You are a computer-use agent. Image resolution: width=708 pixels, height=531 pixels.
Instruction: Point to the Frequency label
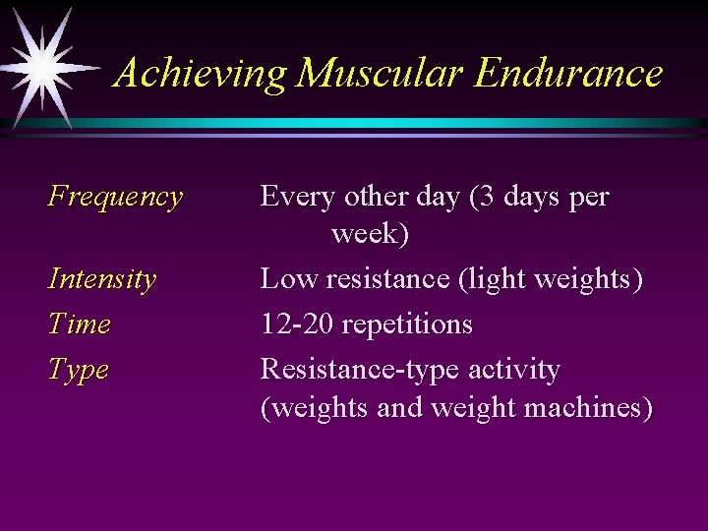tap(115, 197)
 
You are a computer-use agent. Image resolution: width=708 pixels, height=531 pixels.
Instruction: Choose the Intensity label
tap(102, 279)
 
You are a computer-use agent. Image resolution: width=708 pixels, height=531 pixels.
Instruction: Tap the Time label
tap(80, 324)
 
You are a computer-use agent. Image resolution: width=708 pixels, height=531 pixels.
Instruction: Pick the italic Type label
tap(79, 371)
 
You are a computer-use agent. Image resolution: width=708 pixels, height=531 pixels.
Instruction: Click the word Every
tap(298, 197)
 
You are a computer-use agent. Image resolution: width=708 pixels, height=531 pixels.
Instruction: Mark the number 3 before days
tap(486, 197)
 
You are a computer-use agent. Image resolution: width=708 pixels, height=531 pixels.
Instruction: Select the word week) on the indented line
tap(371, 234)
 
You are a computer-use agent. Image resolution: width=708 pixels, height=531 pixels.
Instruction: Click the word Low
tap(285, 279)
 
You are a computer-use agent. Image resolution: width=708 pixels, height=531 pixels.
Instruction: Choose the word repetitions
tap(405, 324)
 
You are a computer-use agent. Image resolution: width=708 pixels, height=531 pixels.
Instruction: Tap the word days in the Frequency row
tap(532, 197)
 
